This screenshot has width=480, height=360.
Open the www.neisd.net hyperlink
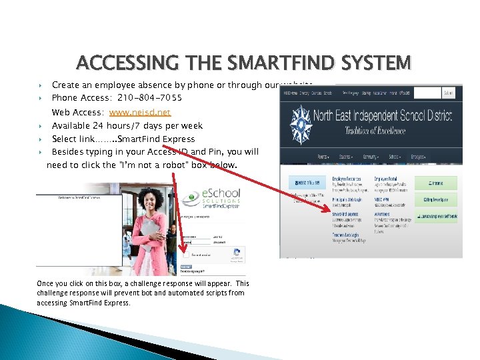[140, 113]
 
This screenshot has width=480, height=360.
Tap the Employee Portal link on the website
[387, 179]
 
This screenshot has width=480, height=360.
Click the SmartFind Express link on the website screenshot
[345, 214]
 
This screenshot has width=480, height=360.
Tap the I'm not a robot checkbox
[186, 255]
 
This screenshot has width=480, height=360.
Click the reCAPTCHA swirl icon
[236, 253]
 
